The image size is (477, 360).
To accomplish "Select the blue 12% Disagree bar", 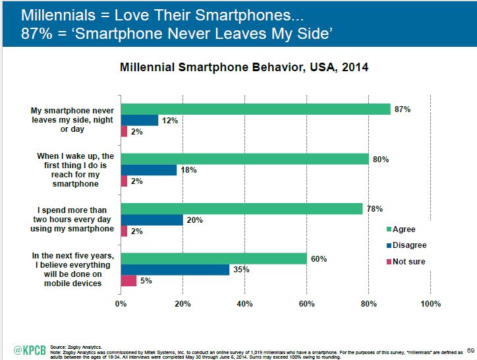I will [x=140, y=120].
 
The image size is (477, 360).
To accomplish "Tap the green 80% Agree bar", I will [x=244, y=159].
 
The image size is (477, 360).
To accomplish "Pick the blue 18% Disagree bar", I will [x=149, y=169].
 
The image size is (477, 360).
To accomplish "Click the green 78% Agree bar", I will [x=242, y=209].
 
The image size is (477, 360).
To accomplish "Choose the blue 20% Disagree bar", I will [x=152, y=220].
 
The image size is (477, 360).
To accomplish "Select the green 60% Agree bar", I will [x=213, y=258].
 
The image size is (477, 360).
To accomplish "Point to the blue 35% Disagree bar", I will [x=175, y=269].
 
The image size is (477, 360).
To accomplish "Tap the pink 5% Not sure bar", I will [x=128, y=280].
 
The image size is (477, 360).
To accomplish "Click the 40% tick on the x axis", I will [x=244, y=304].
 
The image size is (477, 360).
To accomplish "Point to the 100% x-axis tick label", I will [x=430, y=304].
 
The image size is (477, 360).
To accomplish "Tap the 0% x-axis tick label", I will [x=121, y=304].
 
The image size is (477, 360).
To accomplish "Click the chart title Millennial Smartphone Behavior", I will [x=243, y=67].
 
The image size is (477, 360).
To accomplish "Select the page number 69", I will [x=470, y=350].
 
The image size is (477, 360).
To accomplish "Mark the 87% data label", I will [x=402, y=109].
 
